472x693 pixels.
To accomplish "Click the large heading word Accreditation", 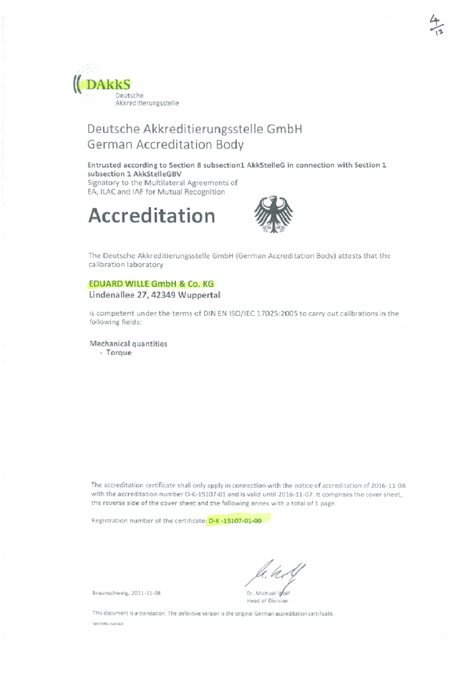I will point(152,215).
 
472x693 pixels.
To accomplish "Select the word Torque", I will point(119,353).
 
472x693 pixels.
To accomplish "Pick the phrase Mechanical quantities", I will point(129,343).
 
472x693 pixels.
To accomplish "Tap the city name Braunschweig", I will point(111,592).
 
